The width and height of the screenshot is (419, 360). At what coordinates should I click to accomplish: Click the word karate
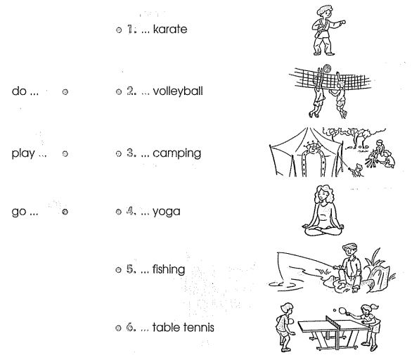click(x=170, y=29)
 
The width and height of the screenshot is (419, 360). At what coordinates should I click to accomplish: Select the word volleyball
click(x=178, y=91)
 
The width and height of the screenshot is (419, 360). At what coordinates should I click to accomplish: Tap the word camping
click(x=176, y=154)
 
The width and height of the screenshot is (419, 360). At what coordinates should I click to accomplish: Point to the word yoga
click(x=166, y=212)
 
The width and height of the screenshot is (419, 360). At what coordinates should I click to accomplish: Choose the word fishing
click(x=169, y=269)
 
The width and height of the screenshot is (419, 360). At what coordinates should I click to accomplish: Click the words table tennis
click(x=183, y=328)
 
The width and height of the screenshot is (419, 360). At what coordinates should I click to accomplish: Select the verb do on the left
click(x=19, y=91)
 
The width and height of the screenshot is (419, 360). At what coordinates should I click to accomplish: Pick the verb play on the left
click(x=23, y=154)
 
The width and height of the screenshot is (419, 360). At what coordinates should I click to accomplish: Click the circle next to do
click(x=65, y=91)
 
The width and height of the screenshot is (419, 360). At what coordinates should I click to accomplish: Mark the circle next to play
click(x=65, y=154)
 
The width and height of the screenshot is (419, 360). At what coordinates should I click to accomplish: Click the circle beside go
click(x=65, y=212)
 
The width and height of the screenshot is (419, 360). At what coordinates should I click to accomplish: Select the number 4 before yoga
click(x=130, y=212)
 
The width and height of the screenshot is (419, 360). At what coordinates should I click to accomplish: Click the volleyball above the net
click(x=327, y=68)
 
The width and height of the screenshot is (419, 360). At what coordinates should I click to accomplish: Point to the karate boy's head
click(x=325, y=12)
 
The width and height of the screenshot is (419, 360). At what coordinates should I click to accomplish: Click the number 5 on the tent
click(x=313, y=149)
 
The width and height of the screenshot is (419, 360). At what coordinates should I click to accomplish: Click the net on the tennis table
click(x=333, y=321)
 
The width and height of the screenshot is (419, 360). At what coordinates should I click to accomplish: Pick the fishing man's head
click(x=349, y=250)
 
